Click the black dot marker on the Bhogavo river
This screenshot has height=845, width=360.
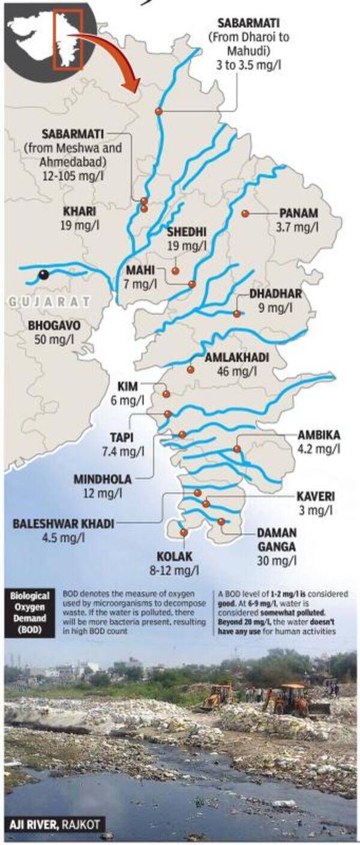point(43,275)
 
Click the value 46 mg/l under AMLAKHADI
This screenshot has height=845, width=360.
point(236,371)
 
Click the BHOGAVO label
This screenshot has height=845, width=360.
point(54,325)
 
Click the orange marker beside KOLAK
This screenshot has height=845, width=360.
point(184,532)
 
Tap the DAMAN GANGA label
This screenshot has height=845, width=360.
point(276,539)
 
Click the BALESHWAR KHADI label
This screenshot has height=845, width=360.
point(63,523)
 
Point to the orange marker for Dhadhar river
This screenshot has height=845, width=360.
point(236,313)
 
